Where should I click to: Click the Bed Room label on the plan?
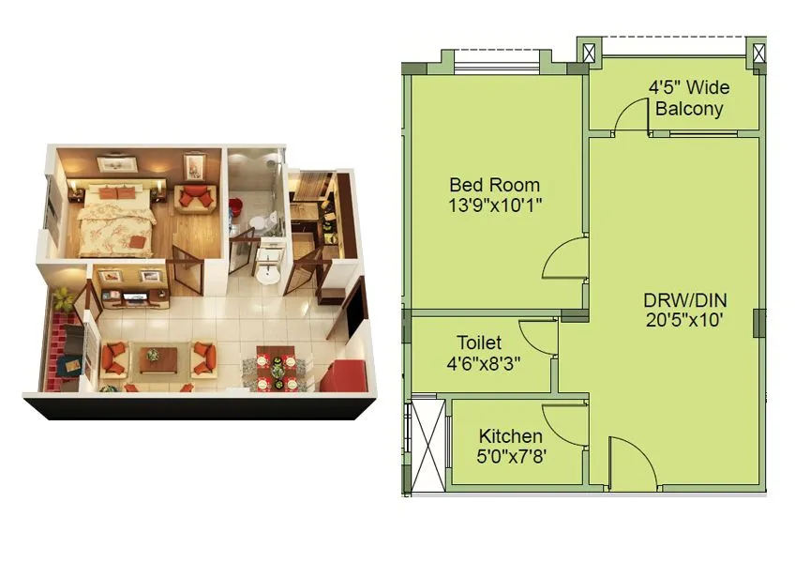point(494,185)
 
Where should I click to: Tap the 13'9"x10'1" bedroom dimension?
point(495,204)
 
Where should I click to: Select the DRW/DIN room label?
point(684,300)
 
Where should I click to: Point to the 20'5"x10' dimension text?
point(685,319)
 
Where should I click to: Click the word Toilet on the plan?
point(479,342)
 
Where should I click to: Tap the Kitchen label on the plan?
point(510,436)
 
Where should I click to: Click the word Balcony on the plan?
point(689,108)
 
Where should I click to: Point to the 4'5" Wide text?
point(689,88)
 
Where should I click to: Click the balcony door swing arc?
point(633,116)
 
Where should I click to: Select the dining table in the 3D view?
point(277,367)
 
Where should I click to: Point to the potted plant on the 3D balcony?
point(63,299)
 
